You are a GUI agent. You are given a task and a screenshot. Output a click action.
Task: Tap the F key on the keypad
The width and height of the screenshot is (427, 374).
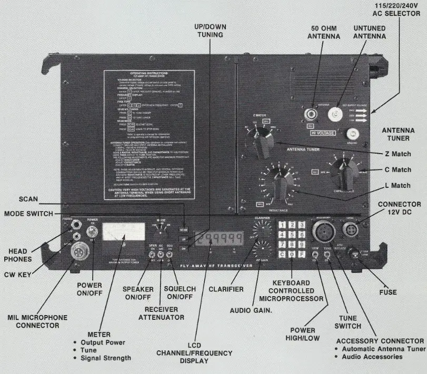pyautogui.click(x=302, y=255)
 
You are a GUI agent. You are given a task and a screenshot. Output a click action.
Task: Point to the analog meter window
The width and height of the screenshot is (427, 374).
pyautogui.click(x=124, y=233)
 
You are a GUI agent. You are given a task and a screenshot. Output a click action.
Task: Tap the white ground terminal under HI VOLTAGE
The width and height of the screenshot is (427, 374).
pyautogui.click(x=347, y=134)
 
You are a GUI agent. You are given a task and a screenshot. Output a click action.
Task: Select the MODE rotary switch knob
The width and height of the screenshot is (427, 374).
pyautogui.click(x=162, y=231)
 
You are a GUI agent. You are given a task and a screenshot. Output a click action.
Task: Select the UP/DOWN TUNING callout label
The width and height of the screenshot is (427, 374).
pyautogui.click(x=209, y=31)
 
